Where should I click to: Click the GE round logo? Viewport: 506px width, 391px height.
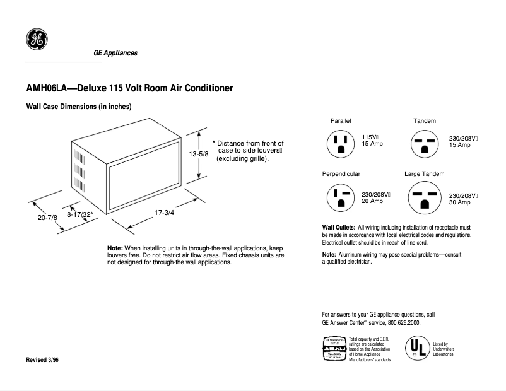pos(35,40)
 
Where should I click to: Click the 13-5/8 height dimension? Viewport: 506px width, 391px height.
pos(197,155)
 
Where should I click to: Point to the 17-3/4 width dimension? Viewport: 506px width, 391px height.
pos(164,213)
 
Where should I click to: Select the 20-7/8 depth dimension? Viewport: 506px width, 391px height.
pos(47,218)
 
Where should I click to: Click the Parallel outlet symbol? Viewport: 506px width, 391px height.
pos(341,144)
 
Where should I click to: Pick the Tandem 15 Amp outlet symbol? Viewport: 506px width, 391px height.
pos(424,144)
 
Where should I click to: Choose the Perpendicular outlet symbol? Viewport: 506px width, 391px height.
pos(341,198)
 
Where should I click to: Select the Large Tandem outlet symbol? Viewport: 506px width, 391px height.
pos(424,198)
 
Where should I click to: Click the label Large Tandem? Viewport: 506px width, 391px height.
pos(424,173)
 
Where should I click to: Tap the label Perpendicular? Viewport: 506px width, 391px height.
pos(341,173)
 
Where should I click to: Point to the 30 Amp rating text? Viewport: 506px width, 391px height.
pos(459,202)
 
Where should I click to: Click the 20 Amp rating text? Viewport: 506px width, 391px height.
pos(372,201)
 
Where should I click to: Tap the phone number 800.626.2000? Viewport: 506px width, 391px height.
pos(400,322)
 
